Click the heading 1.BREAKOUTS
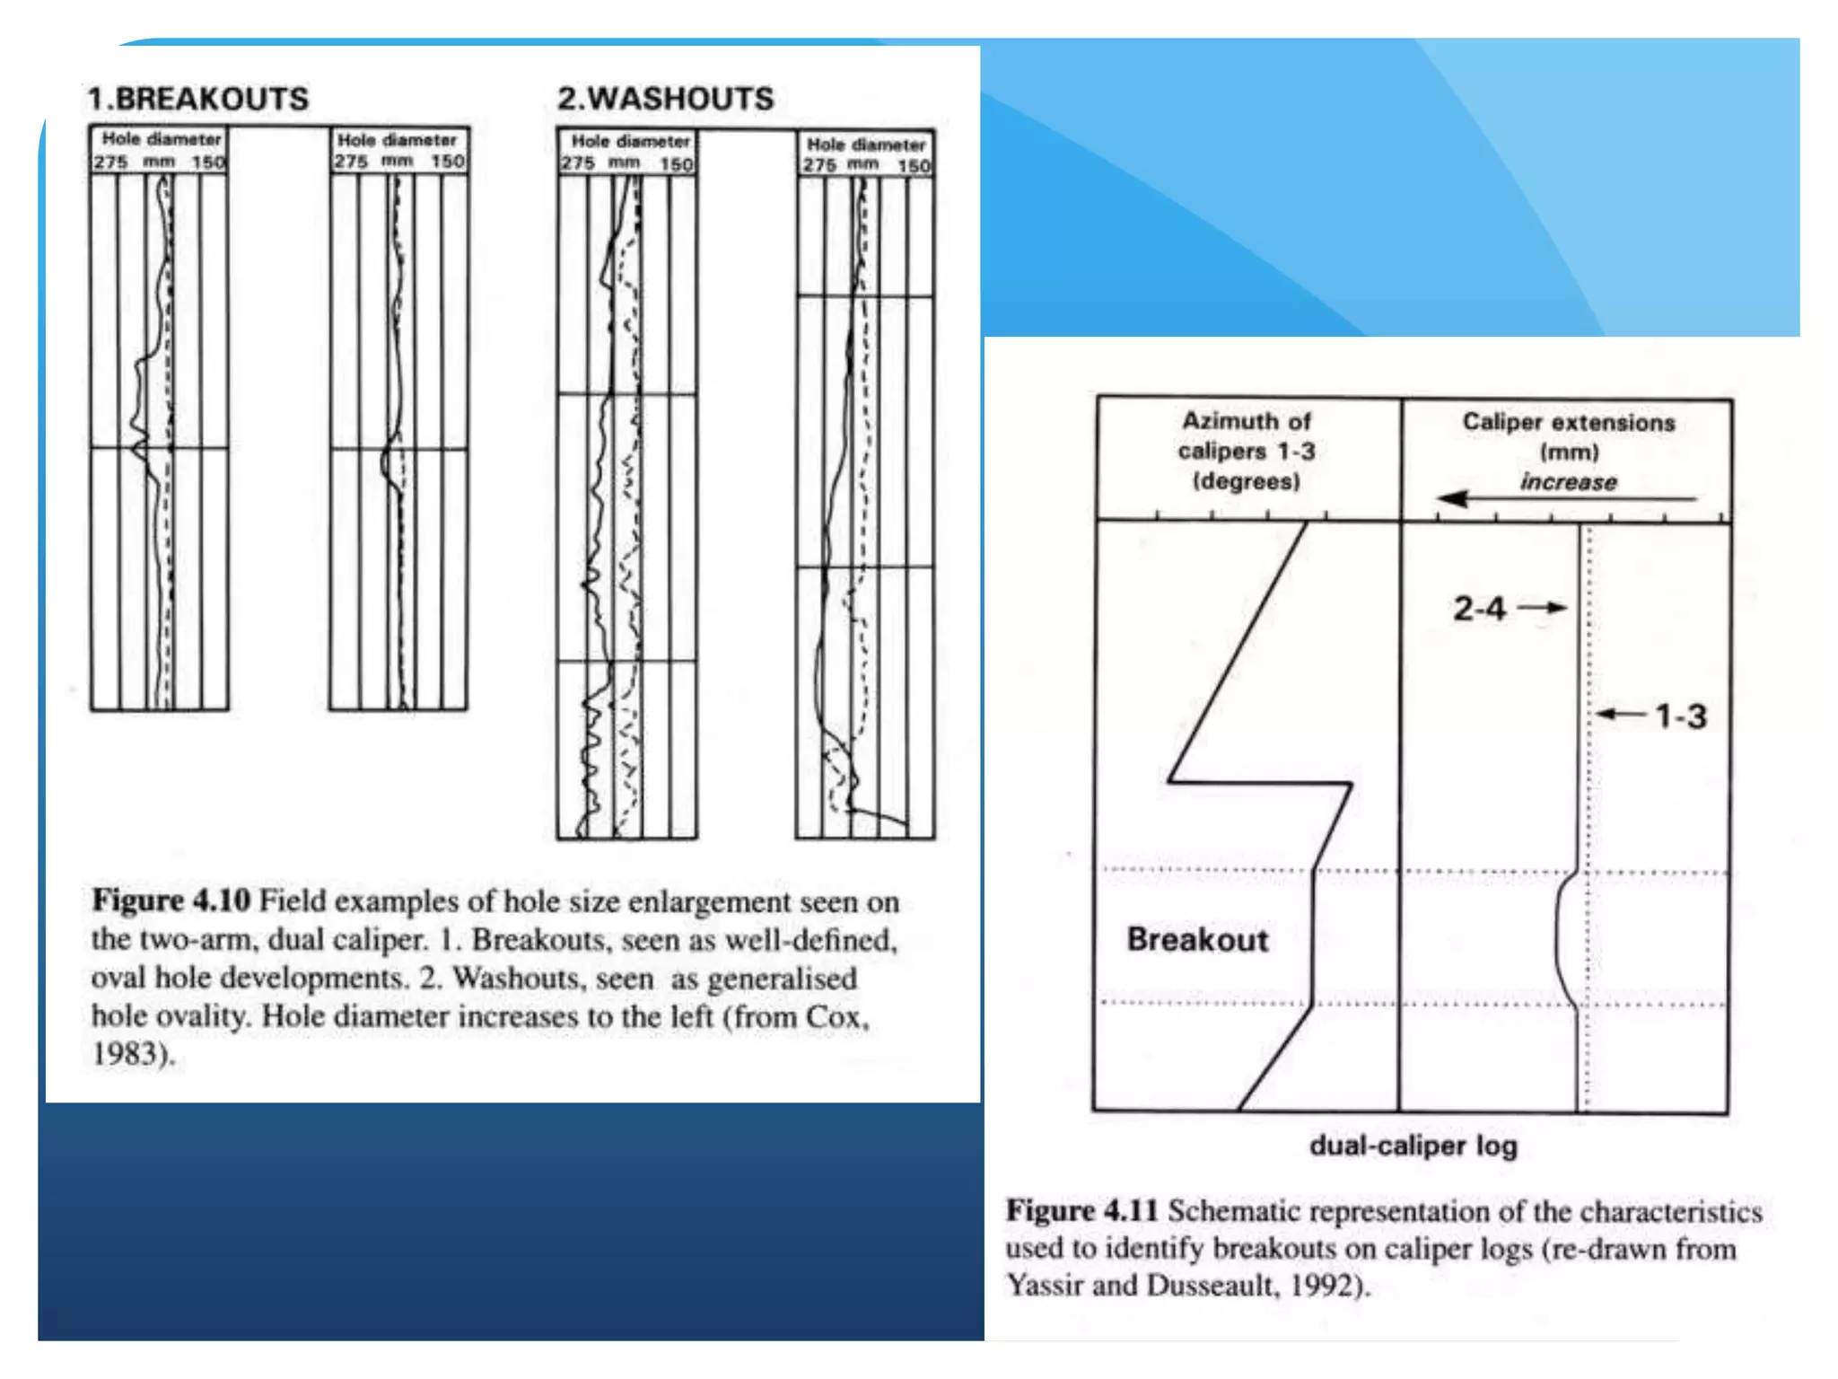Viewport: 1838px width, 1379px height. pyautogui.click(x=197, y=99)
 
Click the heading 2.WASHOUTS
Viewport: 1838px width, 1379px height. pyautogui.click(x=665, y=99)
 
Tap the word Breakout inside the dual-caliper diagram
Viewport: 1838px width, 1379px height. pyautogui.click(x=1197, y=939)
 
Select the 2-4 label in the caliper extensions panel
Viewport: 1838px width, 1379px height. pyautogui.click(x=1479, y=609)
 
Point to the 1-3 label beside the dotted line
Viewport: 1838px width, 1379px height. pyautogui.click(x=1680, y=716)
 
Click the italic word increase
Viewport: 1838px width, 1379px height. pyautogui.click(x=1568, y=482)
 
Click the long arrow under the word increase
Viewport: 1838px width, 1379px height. pyautogui.click(x=1566, y=498)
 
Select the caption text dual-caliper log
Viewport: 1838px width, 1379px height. pyautogui.click(x=1414, y=1146)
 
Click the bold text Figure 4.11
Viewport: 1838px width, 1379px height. pyautogui.click(x=1081, y=1210)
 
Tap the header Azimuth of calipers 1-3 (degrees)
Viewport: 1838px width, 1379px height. pyautogui.click(x=1247, y=451)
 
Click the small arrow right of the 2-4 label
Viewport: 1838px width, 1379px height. pyautogui.click(x=1542, y=608)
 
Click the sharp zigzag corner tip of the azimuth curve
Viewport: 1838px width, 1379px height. pyautogui.click(x=1169, y=782)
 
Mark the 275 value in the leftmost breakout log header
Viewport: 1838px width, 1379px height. pyautogui.click(x=110, y=162)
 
